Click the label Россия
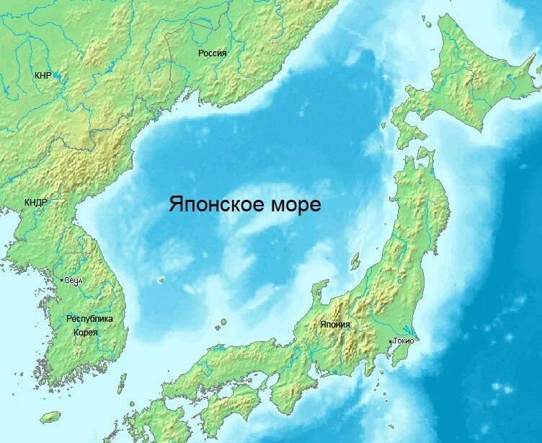(x=213, y=53)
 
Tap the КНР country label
(x=43, y=75)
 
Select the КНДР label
(x=36, y=203)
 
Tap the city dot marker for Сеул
(x=62, y=278)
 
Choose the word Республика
(x=89, y=318)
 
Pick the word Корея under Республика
(x=85, y=332)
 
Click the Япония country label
(x=335, y=325)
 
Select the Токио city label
(x=404, y=341)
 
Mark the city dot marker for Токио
(x=391, y=341)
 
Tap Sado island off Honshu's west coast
(x=355, y=260)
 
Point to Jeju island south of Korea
(x=50, y=417)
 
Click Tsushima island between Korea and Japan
(x=122, y=382)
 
